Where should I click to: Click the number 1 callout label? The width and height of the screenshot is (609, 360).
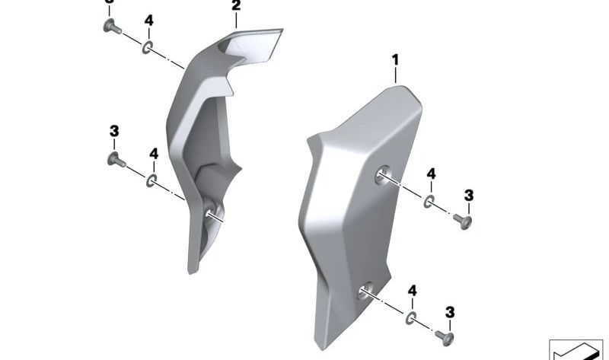[x=395, y=59]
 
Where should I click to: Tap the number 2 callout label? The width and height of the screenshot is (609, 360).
[x=235, y=6]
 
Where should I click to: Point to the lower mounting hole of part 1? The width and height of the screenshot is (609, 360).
[x=366, y=289]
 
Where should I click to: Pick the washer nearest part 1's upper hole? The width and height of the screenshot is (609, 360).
[x=429, y=202]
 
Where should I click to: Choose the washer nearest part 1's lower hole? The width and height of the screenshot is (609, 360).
[x=410, y=317]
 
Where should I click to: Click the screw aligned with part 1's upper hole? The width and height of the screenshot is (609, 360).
[x=462, y=220]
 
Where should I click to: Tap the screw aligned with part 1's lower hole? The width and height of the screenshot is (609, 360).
[x=444, y=334]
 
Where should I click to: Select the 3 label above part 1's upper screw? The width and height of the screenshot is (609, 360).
[x=468, y=196]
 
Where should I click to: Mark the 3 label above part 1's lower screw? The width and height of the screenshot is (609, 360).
[x=449, y=311]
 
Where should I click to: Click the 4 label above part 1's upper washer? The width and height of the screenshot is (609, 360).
[x=431, y=175]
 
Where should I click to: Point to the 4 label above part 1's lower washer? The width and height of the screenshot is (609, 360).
[x=412, y=291]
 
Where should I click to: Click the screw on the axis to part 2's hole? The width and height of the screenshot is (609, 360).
[x=116, y=160]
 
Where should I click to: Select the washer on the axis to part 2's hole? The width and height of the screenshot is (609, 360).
[x=152, y=180]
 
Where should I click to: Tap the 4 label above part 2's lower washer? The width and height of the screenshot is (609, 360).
[x=153, y=155]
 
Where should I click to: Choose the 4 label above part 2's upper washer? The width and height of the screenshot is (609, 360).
[x=148, y=21]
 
